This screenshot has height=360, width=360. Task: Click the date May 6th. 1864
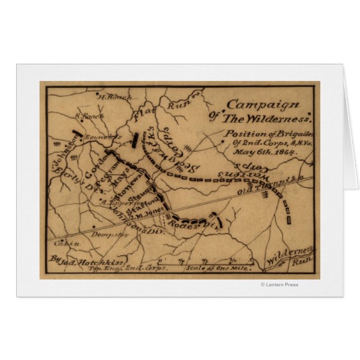coord(249,151)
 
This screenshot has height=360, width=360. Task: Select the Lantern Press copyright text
coord(280,285)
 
